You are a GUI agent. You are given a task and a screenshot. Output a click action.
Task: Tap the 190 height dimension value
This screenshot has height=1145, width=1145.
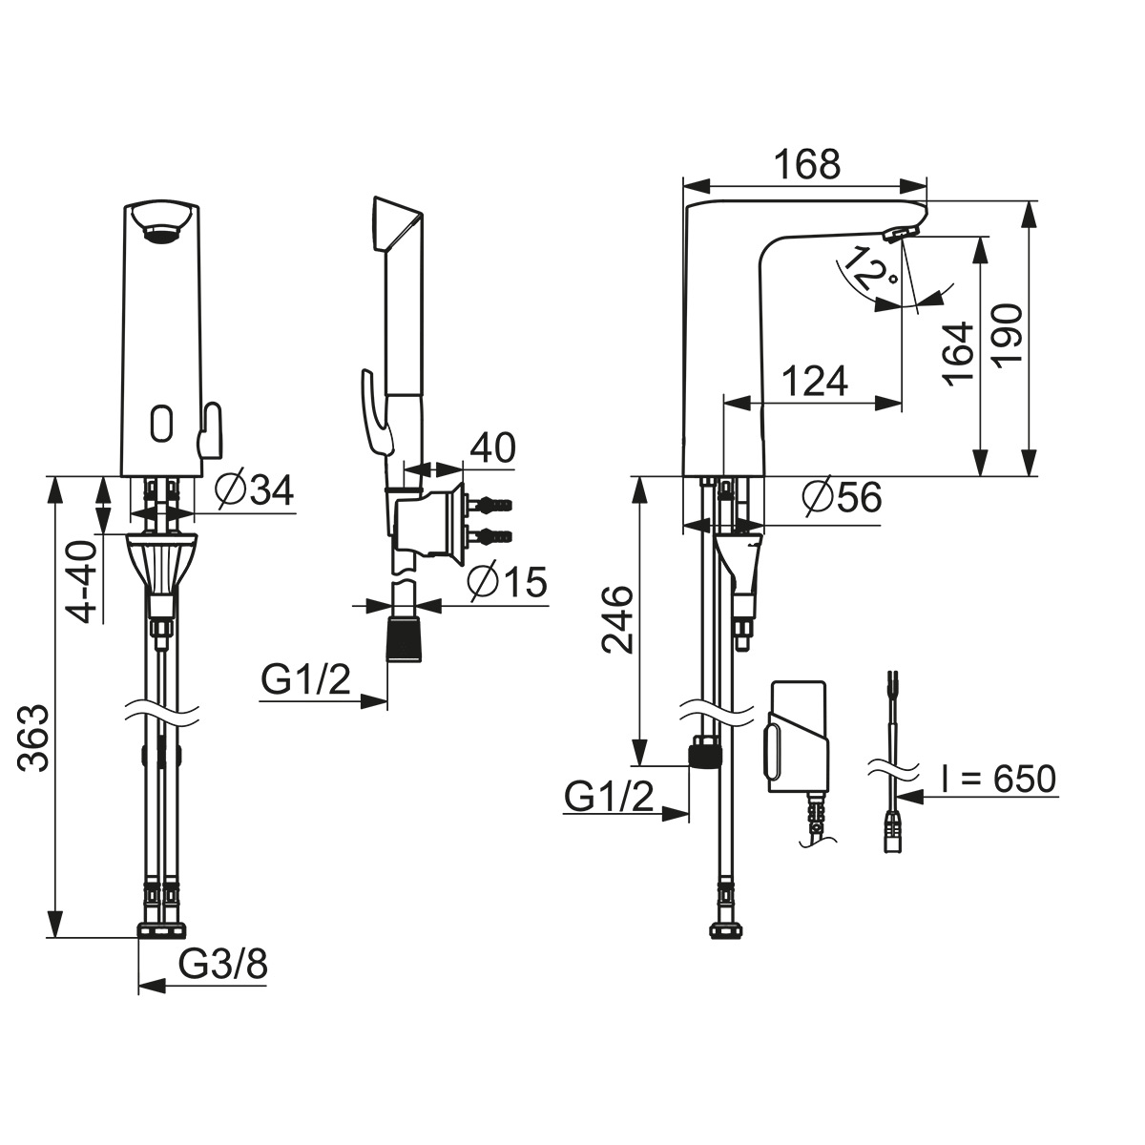(1009, 336)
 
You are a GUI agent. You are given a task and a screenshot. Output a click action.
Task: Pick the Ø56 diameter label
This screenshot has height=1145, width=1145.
(842, 497)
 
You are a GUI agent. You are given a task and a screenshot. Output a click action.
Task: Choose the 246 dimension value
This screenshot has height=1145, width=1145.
(616, 620)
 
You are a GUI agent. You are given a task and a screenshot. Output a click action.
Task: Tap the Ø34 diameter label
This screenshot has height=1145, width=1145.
(254, 491)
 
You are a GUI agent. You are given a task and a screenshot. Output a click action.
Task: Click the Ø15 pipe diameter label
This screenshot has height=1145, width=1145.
(507, 582)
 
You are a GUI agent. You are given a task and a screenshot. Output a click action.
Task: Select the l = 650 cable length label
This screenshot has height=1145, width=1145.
(998, 779)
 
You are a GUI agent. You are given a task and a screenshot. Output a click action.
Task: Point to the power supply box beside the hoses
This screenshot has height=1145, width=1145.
(797, 736)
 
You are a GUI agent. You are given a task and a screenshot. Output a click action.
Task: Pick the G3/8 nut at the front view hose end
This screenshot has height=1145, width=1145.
(162, 930)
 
